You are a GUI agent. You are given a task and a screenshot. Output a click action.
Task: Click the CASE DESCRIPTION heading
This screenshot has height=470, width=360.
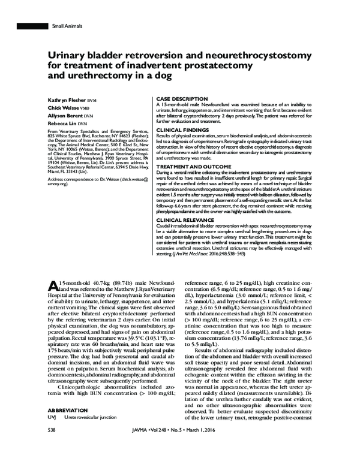182,98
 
